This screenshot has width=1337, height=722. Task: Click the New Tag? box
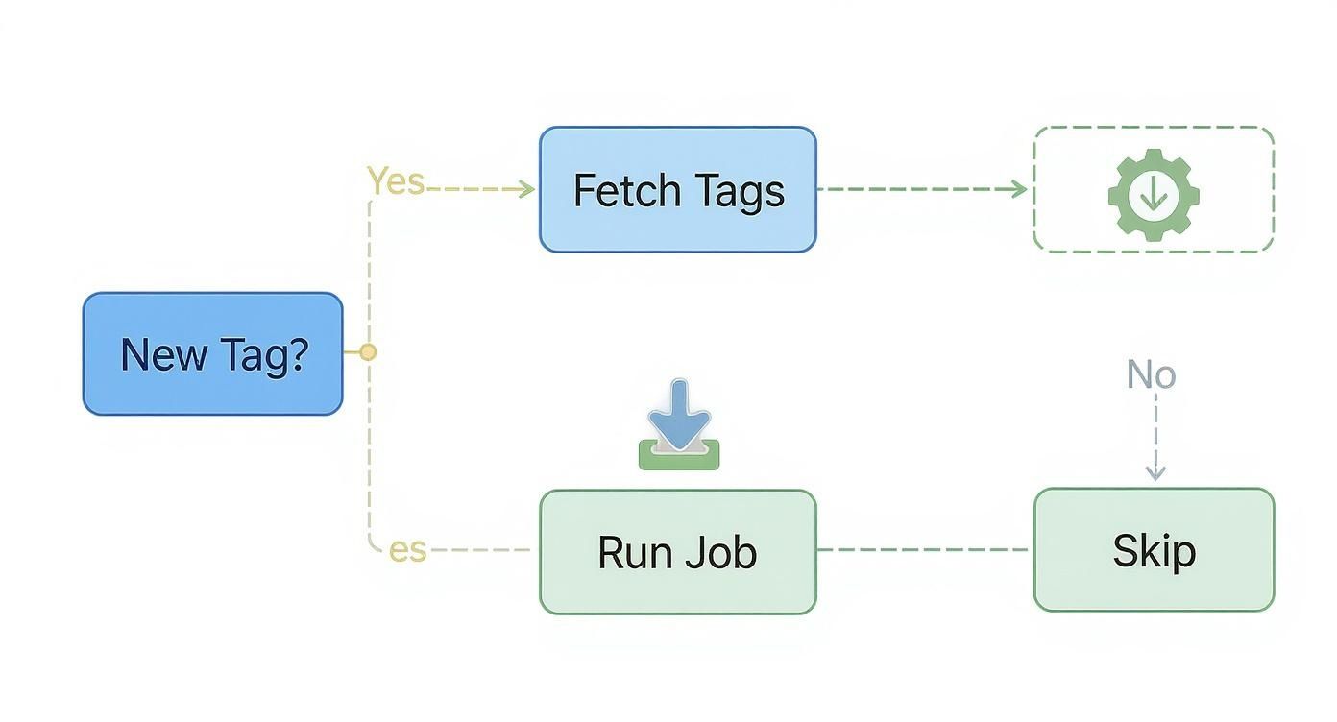tap(212, 353)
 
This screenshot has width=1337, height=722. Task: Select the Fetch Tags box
tap(677, 189)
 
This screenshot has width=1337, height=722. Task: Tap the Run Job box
tap(677, 552)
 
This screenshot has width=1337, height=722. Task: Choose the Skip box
tap(1154, 550)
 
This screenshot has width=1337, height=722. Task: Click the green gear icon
tap(1154, 194)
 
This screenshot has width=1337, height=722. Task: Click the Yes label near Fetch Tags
tap(395, 180)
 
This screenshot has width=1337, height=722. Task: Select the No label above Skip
tap(1151, 374)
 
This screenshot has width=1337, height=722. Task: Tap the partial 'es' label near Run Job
tap(407, 550)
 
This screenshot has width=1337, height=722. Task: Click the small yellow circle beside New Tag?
tap(367, 352)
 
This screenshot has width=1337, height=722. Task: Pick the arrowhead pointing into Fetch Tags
tap(526, 189)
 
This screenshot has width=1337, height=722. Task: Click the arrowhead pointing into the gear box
tap(1020, 189)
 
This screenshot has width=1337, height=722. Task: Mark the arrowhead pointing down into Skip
tap(1155, 472)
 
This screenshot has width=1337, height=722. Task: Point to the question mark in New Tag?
tap(298, 353)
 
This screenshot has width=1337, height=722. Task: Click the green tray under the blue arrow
tap(679, 457)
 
